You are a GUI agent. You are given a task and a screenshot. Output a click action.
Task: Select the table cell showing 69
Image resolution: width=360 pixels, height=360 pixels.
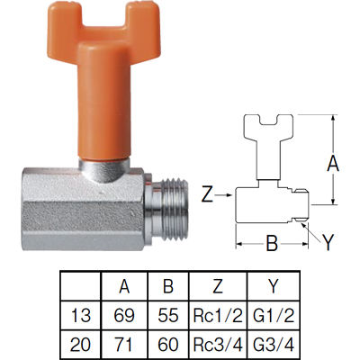[124, 315]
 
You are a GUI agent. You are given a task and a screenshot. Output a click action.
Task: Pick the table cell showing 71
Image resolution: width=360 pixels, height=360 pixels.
[124, 345]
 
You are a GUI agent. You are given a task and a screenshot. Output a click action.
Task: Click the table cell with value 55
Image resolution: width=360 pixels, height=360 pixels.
[168, 315]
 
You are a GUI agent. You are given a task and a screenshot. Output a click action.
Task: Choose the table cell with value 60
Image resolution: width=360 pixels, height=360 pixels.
[168, 345]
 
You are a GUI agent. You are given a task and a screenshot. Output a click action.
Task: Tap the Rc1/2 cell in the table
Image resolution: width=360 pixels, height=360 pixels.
[218, 315]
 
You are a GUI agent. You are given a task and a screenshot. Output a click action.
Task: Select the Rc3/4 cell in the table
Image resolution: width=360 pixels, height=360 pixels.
[218, 345]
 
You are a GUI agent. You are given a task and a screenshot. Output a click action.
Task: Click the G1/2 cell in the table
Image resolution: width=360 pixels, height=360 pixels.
[274, 315]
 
